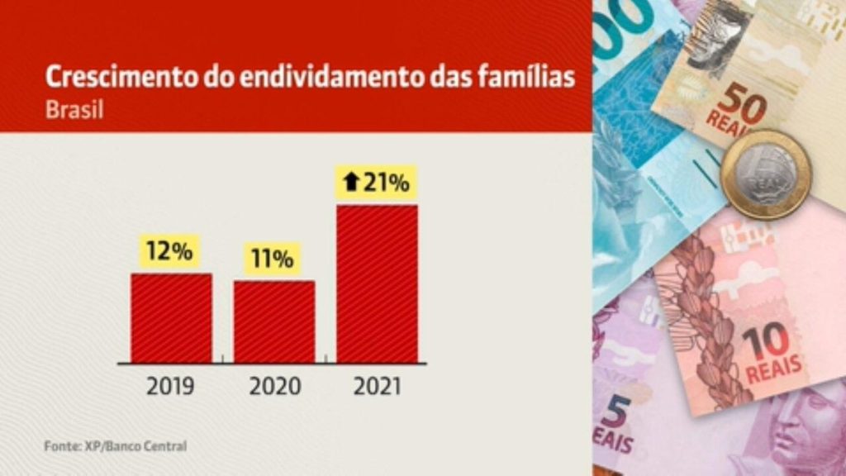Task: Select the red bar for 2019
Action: click(x=171, y=318)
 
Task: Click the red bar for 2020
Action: click(x=273, y=321)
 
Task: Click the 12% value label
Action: click(x=169, y=251)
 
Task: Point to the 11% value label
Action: click(x=273, y=259)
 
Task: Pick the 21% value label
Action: click(x=386, y=183)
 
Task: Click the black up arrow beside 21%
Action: click(x=351, y=183)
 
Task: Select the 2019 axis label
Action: click(x=171, y=386)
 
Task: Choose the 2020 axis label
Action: click(x=273, y=386)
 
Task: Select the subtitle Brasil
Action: click(x=74, y=110)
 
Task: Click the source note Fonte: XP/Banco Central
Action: click(x=115, y=446)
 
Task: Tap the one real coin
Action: click(x=765, y=174)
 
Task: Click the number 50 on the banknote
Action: click(x=741, y=103)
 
